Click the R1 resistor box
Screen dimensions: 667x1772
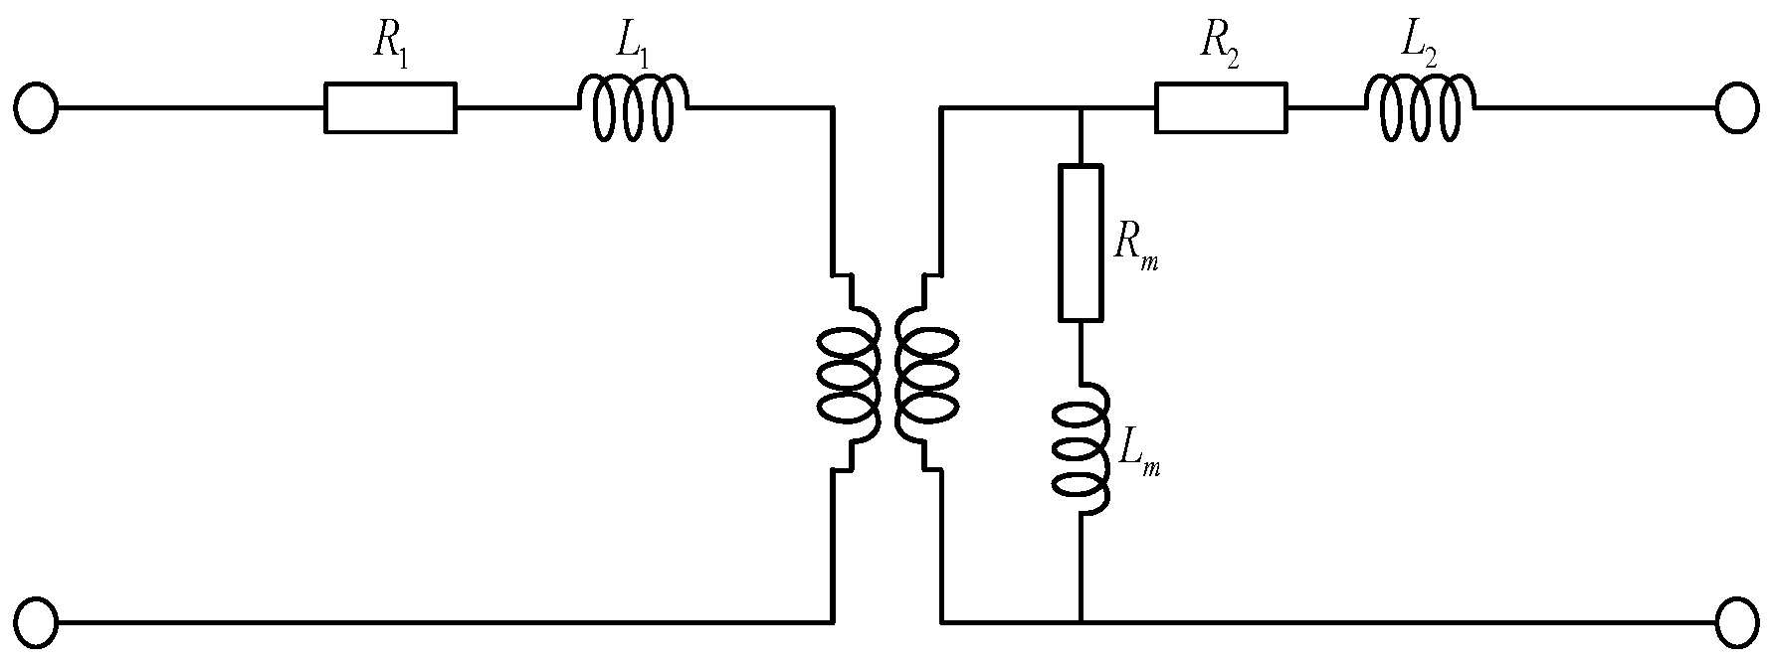(x=390, y=107)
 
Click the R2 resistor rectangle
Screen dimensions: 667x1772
(x=1220, y=107)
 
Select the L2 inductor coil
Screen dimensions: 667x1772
(x=1420, y=106)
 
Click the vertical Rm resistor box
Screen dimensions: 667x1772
(x=1080, y=244)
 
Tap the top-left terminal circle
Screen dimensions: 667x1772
(x=36, y=107)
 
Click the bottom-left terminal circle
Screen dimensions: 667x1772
(x=36, y=622)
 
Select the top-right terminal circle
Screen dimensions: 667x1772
(x=1736, y=107)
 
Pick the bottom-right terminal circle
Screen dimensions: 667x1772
(x=1736, y=622)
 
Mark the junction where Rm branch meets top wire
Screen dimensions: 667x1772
(x=1080, y=107)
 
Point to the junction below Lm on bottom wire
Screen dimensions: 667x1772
(x=1080, y=622)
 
